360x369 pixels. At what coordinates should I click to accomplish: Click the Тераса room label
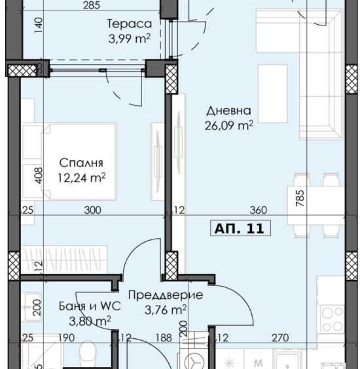point(129,24)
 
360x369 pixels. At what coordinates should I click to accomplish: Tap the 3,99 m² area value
point(129,39)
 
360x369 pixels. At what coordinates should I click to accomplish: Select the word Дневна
point(228,111)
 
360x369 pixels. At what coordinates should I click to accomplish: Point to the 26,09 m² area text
point(228,126)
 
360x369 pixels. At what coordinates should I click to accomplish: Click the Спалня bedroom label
point(81,162)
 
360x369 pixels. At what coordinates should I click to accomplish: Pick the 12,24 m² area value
point(81,177)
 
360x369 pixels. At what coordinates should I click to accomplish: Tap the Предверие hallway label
point(166,295)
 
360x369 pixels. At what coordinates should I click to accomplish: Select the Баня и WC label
point(83,305)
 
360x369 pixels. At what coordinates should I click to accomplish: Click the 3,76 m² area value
point(166,309)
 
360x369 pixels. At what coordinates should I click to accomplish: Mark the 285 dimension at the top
point(91,6)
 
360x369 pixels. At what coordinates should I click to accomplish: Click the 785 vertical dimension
point(300,198)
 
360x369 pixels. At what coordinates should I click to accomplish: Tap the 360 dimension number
point(259,210)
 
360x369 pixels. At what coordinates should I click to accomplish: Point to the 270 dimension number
point(279,338)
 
